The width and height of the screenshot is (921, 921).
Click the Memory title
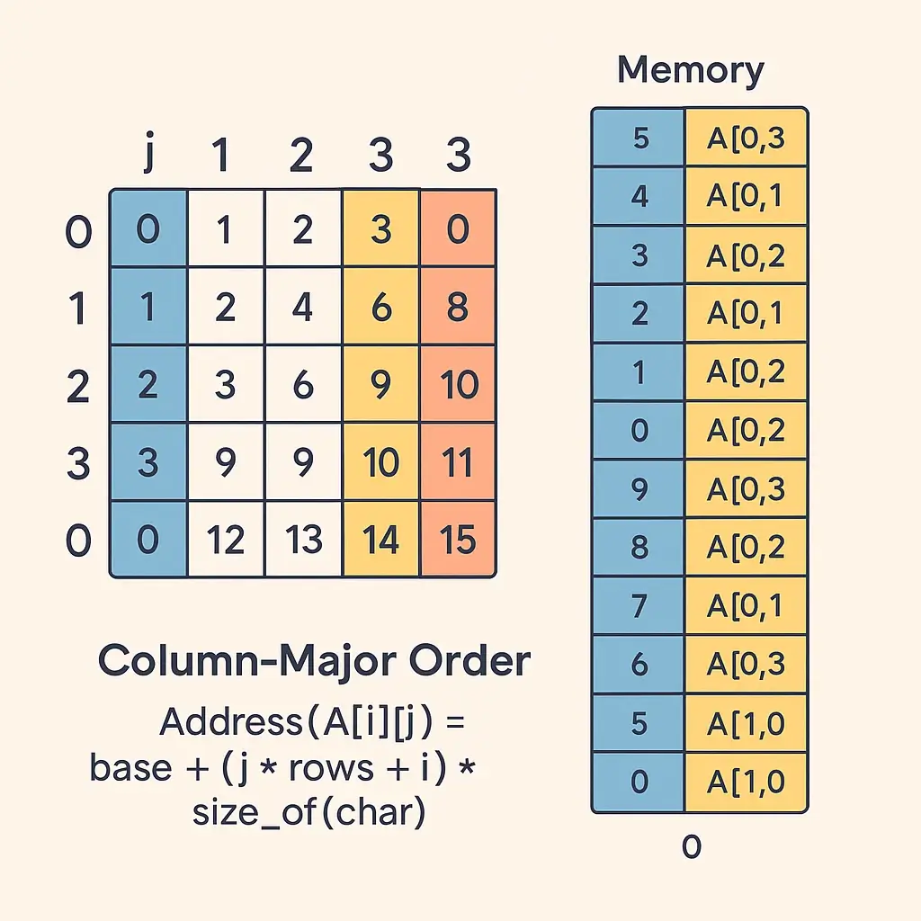pyautogui.click(x=691, y=70)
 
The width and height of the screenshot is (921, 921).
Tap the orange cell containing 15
pyautogui.click(x=459, y=540)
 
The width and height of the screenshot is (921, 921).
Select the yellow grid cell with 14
pyautogui.click(x=380, y=540)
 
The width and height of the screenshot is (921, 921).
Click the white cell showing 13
pyautogui.click(x=303, y=540)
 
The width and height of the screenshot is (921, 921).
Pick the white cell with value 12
pyautogui.click(x=225, y=540)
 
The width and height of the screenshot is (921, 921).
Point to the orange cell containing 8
pyautogui.click(x=459, y=307)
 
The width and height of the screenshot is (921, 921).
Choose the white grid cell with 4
pyautogui.click(x=303, y=307)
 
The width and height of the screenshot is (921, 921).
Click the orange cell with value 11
pyautogui.click(x=459, y=462)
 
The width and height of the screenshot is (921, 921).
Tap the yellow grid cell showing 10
pyautogui.click(x=380, y=462)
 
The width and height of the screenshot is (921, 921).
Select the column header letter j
pyautogui.click(x=149, y=155)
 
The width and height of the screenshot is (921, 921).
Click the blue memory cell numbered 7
pyautogui.click(x=639, y=605)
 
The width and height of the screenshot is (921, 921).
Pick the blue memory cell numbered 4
pyautogui.click(x=639, y=196)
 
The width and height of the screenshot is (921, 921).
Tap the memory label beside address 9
pyautogui.click(x=747, y=488)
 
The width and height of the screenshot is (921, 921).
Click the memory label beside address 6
pyautogui.click(x=747, y=664)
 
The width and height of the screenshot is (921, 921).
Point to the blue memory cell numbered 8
pyautogui.click(x=639, y=547)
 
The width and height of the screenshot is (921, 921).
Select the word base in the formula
pyautogui.click(x=130, y=767)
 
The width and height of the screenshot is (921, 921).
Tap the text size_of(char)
pyautogui.click(x=308, y=812)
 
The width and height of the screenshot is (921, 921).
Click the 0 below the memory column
pyautogui.click(x=692, y=846)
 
